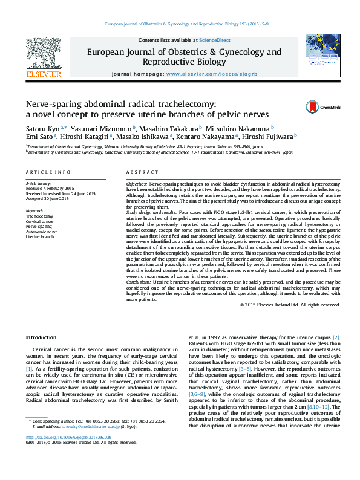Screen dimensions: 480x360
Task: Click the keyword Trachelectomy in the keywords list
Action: (39, 216)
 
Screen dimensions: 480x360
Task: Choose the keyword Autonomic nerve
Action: (42, 231)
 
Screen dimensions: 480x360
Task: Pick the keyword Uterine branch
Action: (40, 236)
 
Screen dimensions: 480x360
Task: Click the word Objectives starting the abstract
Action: (137, 183)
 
